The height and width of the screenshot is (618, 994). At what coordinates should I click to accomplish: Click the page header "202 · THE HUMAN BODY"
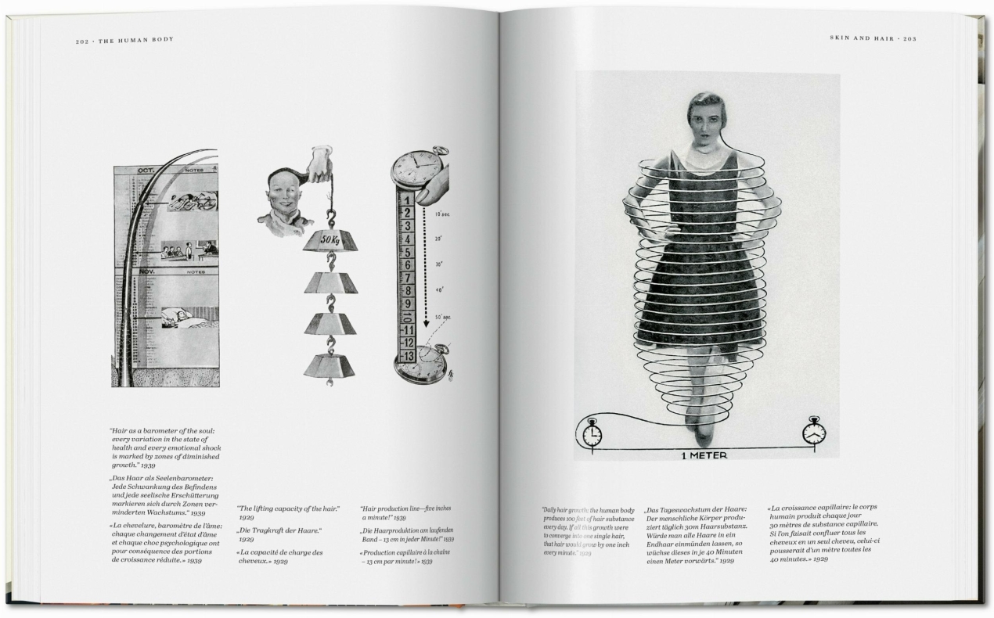(x=124, y=41)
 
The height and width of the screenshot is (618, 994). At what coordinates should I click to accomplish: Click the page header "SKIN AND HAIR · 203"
(x=873, y=38)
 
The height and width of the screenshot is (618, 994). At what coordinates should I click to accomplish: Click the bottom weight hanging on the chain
(x=329, y=366)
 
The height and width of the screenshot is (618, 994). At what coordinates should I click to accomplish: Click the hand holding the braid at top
(x=319, y=162)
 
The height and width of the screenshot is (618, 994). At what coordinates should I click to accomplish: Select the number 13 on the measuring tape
(x=407, y=357)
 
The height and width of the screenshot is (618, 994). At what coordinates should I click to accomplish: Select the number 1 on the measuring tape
(x=407, y=199)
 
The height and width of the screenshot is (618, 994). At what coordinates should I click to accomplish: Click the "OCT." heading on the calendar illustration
(x=146, y=170)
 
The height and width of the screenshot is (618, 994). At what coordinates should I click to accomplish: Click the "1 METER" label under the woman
(x=702, y=455)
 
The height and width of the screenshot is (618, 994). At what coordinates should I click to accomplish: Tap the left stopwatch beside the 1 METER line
(x=592, y=432)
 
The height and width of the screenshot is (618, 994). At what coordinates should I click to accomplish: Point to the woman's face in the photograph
(x=708, y=120)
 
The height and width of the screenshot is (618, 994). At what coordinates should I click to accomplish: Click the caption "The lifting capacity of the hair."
(x=288, y=508)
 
